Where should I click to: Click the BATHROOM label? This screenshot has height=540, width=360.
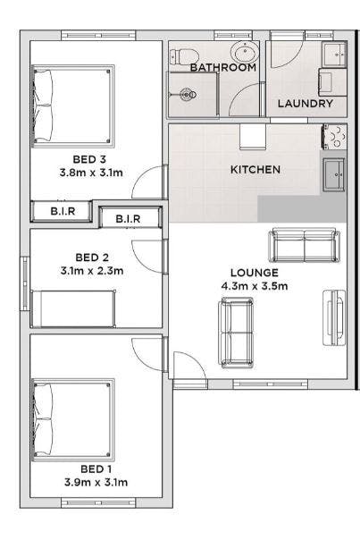click(223, 68)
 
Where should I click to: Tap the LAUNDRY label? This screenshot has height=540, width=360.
click(306, 104)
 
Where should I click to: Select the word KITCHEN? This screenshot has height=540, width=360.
click(255, 170)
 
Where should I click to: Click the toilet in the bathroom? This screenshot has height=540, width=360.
click(185, 55)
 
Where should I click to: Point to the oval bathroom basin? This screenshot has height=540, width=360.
click(245, 52)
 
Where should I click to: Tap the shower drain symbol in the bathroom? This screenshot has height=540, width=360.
click(188, 94)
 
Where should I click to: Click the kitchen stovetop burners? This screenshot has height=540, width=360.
click(334, 137)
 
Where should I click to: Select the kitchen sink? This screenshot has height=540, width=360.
click(333, 175)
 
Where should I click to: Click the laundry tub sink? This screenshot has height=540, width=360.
click(334, 54)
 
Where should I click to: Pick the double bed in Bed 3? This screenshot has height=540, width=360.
click(73, 106)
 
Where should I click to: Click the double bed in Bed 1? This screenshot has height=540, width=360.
click(73, 420)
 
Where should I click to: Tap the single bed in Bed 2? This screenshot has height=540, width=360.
click(73, 309)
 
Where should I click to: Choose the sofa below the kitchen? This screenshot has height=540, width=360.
click(305, 245)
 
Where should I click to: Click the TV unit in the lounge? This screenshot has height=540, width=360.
click(334, 318)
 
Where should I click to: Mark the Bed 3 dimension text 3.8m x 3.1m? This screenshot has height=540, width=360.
click(91, 173)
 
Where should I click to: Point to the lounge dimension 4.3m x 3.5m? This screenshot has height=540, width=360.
click(255, 286)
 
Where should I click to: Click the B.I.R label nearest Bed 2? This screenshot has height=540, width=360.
click(128, 219)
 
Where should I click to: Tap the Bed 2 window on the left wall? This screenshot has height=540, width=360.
click(25, 283)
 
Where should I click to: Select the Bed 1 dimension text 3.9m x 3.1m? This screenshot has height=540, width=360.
click(96, 482)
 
